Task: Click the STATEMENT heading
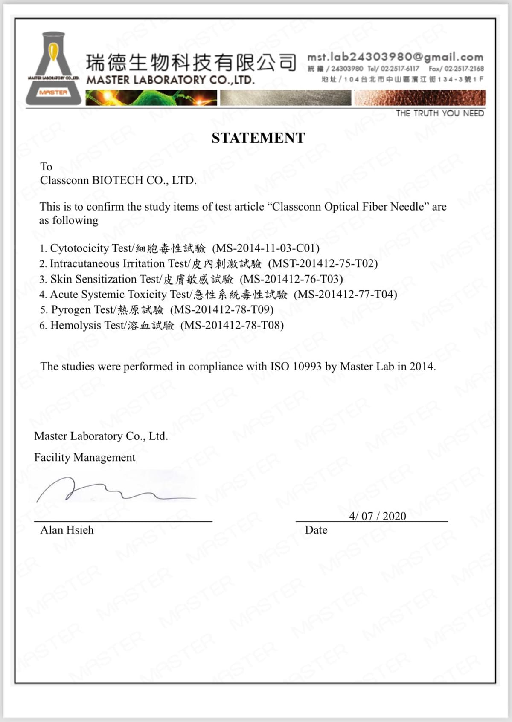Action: [x=258, y=138]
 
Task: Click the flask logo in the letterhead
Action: [x=53, y=68]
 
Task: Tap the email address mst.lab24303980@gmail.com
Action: [x=395, y=57]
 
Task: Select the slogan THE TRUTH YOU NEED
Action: [x=439, y=113]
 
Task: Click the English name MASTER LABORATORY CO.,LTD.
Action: [x=170, y=80]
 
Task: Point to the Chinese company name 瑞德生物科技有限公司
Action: [x=191, y=63]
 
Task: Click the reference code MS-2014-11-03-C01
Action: [x=265, y=248]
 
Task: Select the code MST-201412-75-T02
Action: [x=323, y=263]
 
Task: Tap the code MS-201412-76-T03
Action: [x=291, y=279]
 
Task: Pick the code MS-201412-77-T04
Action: [x=346, y=295]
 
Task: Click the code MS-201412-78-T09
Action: [x=222, y=310]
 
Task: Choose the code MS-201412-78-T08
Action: [x=232, y=326]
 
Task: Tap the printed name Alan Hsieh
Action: [x=67, y=530]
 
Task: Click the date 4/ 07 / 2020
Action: [x=377, y=516]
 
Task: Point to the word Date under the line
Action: [x=316, y=530]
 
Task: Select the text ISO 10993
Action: [x=295, y=367]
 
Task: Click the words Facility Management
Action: [x=84, y=457]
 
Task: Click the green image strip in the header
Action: [x=151, y=98]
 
